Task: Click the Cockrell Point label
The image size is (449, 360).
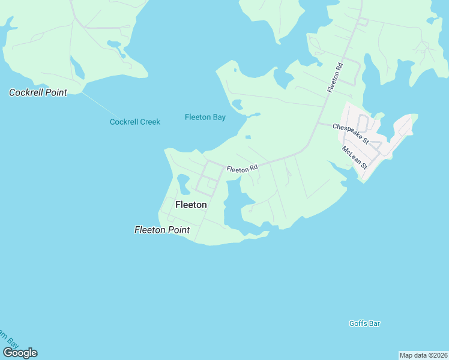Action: point(38,92)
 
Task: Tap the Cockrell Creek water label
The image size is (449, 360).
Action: point(135,122)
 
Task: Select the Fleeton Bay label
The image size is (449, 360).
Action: point(205,117)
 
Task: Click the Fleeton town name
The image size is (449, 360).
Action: point(191,205)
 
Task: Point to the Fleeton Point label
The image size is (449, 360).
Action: point(162,230)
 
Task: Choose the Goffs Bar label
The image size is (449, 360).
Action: point(365,323)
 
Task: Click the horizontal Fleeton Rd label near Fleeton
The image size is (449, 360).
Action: point(242,169)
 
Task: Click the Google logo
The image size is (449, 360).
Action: point(20,353)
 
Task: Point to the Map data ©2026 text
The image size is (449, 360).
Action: point(423,355)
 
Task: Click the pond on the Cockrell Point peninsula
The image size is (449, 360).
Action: point(77,68)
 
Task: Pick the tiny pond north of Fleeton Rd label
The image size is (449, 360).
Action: point(248,137)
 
